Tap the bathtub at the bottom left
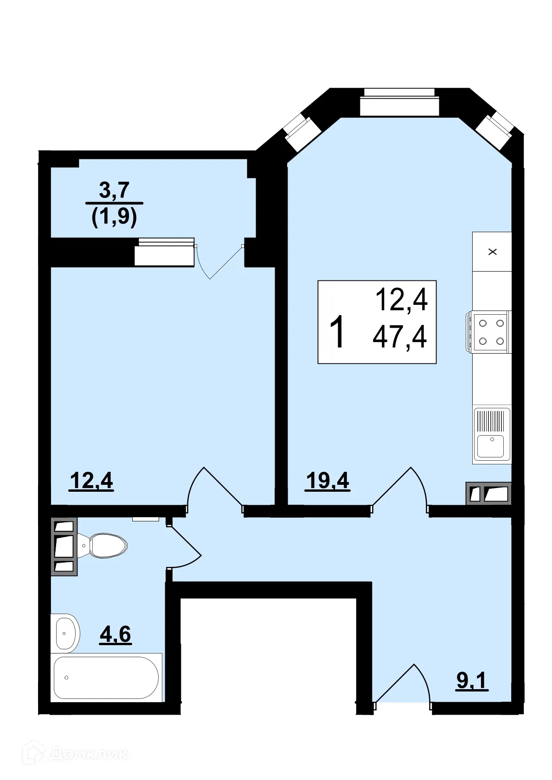pos(106,678)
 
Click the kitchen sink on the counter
pos(491,435)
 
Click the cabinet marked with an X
pos(492,252)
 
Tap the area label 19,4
pos(327,481)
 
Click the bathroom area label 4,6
pos(115,634)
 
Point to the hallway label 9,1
pos(472,680)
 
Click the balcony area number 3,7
pos(114,190)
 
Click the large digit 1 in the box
pos(338,331)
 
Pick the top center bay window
pos(399,102)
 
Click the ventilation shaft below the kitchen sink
pos(488,494)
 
